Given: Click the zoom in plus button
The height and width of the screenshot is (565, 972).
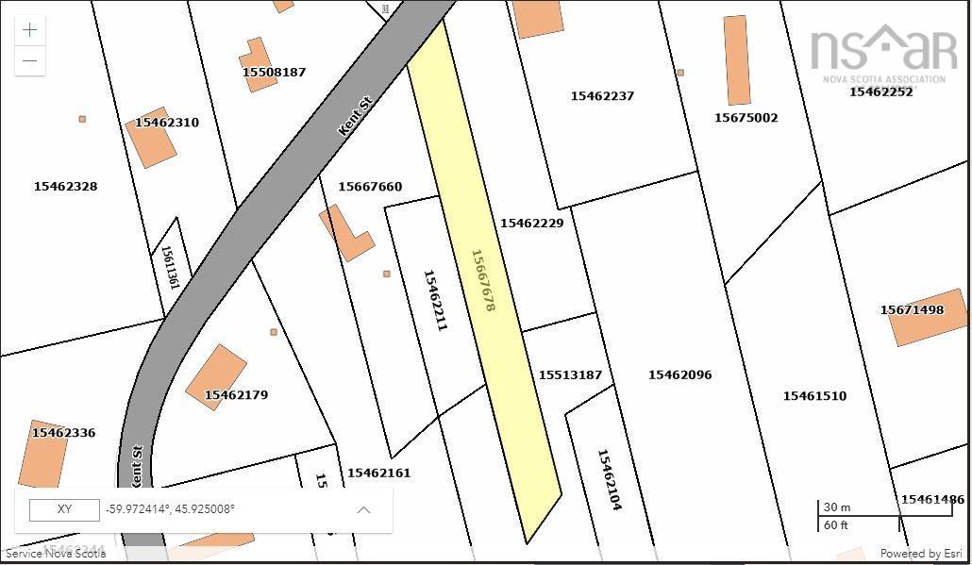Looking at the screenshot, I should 30,30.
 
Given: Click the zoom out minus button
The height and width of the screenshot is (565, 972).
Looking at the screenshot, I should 30,61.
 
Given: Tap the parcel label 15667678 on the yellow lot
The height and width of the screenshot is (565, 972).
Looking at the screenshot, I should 482,280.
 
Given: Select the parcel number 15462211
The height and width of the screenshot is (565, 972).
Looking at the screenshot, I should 435,300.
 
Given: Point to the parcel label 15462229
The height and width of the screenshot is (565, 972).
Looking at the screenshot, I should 531,224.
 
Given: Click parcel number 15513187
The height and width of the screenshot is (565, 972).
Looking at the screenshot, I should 570,375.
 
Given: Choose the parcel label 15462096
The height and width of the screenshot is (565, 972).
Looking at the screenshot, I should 679,375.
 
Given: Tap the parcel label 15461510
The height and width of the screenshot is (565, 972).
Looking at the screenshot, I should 814,396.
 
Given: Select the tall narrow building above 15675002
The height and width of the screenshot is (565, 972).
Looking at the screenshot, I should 736,59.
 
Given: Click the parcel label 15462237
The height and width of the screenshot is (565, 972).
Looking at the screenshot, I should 602,96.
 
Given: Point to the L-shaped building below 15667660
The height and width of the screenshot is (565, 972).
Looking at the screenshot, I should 346,234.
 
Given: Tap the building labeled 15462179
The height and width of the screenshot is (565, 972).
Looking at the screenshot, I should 217,376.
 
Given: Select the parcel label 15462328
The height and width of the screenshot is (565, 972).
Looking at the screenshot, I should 65,187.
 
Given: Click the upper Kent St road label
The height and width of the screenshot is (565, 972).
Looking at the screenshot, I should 356,115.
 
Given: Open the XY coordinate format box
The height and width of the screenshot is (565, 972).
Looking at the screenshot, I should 64,509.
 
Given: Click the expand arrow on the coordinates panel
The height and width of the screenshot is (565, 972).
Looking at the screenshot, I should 363,509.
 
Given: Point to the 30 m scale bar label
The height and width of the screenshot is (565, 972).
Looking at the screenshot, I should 836,507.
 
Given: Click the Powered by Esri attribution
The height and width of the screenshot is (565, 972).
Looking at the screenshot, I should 920,554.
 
